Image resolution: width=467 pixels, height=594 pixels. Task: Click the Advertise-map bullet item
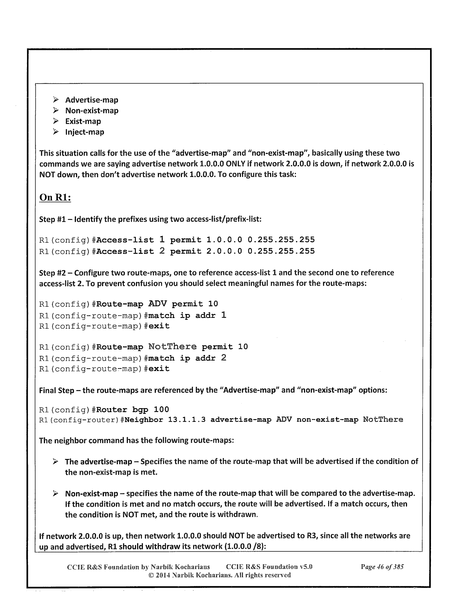91,100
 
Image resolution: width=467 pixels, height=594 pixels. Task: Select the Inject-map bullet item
85,132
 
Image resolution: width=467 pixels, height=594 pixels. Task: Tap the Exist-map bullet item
83,122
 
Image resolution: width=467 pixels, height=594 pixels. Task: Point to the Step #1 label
52,219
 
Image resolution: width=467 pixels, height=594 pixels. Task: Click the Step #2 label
52,273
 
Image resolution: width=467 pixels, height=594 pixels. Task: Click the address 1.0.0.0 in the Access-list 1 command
224,240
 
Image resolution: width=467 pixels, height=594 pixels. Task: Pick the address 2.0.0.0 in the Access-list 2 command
224,251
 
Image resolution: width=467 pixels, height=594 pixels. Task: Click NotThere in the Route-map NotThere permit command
172,347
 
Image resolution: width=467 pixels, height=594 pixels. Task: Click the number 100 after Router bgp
161,409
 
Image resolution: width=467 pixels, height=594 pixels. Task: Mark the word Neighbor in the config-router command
144,420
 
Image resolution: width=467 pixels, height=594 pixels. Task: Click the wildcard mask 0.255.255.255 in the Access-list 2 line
281,251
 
